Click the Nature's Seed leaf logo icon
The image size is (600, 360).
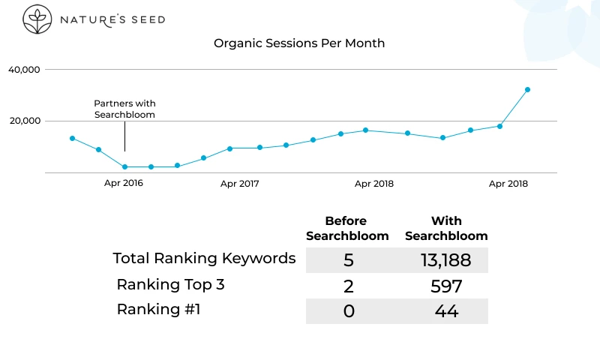34,19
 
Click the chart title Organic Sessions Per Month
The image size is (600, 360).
299,43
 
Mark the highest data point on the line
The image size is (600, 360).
527,89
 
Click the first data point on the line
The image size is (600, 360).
72,138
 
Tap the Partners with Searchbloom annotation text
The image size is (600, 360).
124,109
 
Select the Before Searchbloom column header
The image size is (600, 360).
346,229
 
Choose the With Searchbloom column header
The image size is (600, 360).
446,229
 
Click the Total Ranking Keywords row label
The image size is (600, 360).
204,259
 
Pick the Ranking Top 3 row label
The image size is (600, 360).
170,284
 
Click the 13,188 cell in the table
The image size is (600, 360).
445,260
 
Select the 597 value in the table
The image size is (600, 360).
446,286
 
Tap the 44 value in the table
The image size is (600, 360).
446,311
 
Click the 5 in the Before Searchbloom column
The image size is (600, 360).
348,260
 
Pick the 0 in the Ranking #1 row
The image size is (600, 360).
348,311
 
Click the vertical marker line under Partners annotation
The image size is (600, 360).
124,140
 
